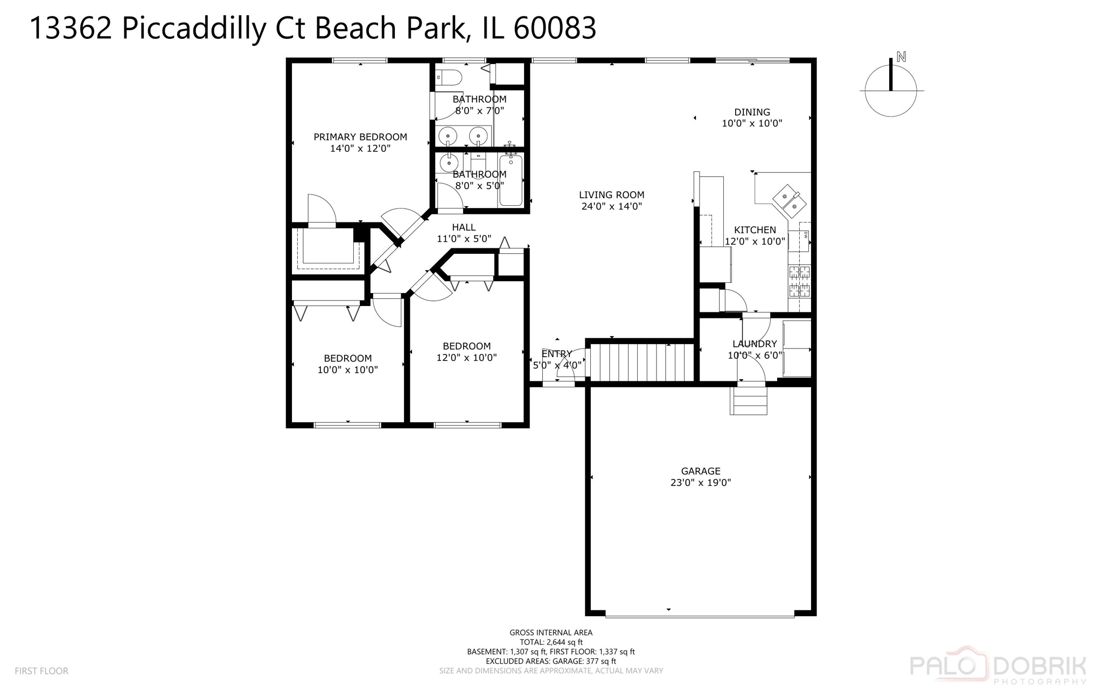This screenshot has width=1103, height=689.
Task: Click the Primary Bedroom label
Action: (360, 137)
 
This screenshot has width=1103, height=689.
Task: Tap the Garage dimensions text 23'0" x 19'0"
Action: (700, 483)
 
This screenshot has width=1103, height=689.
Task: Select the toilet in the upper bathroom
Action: (449, 78)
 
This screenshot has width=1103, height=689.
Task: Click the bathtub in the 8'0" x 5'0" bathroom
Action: (511, 180)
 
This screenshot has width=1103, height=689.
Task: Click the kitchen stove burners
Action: (799, 281)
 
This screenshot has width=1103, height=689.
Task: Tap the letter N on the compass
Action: (901, 57)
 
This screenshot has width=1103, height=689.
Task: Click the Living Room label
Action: (611, 195)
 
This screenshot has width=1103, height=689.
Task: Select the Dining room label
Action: (752, 112)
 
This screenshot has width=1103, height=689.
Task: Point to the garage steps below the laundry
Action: (748, 401)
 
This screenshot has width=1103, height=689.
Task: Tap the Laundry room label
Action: (755, 344)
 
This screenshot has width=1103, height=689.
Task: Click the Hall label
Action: (464, 227)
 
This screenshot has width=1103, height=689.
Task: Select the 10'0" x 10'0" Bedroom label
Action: (347, 358)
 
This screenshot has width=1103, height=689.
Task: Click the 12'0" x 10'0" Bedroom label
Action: (466, 346)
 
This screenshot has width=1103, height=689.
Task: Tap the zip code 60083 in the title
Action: (555, 28)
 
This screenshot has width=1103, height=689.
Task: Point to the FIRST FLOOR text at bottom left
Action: (41, 671)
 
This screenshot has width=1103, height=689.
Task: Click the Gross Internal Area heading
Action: (550, 632)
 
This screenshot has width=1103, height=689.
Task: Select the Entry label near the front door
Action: (556, 354)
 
